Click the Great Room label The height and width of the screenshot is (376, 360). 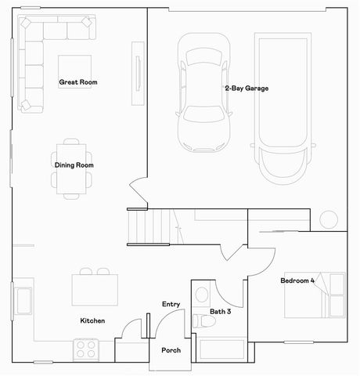(x=77, y=82)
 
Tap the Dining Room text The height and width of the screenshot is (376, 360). (x=74, y=165)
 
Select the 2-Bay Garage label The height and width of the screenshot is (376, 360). (x=246, y=89)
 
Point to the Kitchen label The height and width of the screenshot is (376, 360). (x=92, y=321)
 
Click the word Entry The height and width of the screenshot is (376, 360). (x=171, y=304)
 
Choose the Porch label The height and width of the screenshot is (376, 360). (x=171, y=350)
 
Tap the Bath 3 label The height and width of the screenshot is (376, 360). (x=221, y=312)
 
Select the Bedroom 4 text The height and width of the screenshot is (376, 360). (x=297, y=280)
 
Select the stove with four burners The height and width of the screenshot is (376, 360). (x=85, y=348)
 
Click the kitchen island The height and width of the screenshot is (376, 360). (x=95, y=288)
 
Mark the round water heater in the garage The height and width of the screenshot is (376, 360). (x=328, y=219)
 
